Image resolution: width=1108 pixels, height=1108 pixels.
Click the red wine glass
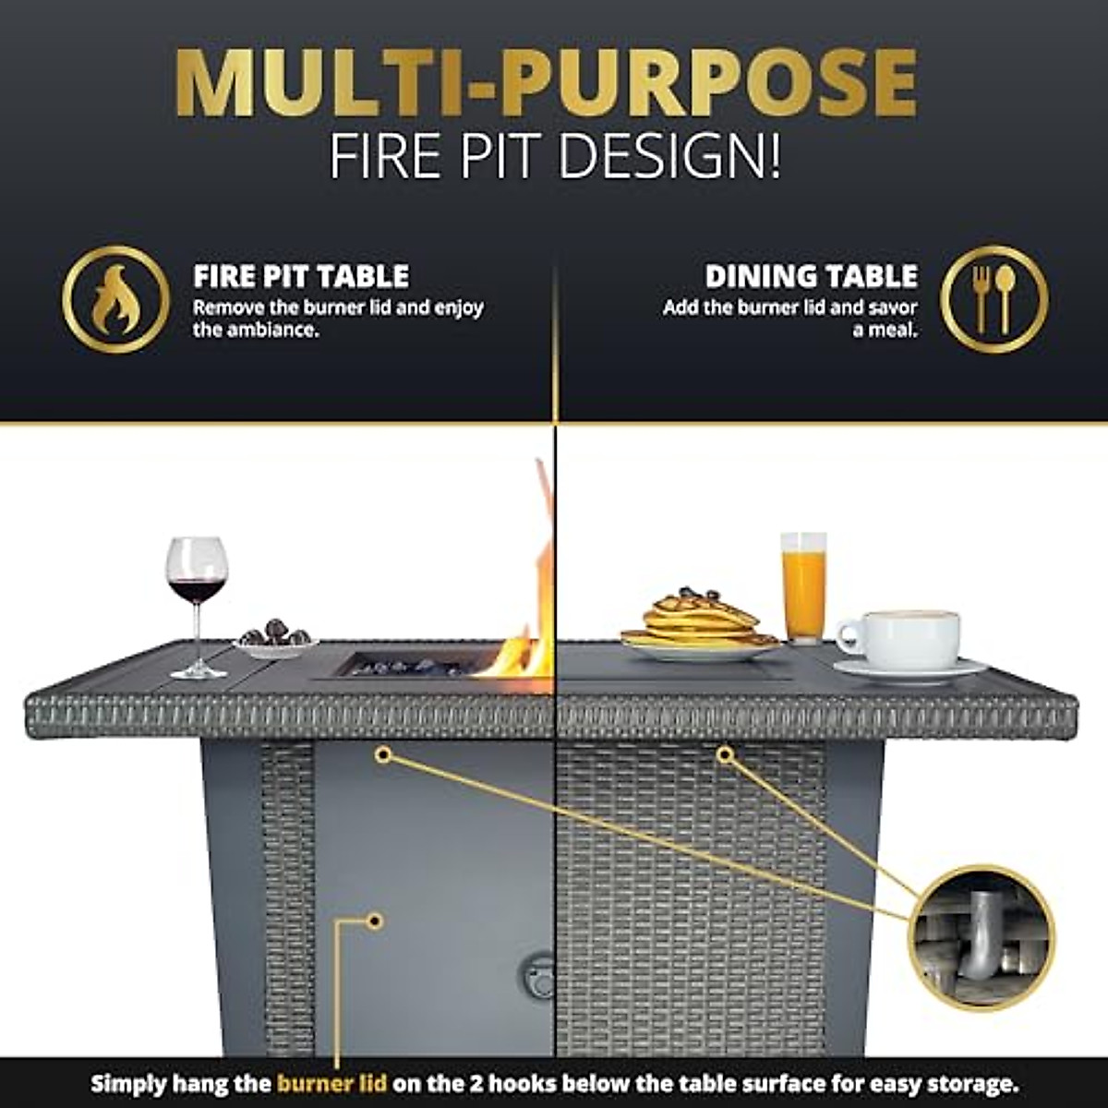pos(196,582)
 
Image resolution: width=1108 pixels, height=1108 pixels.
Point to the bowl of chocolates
pos(275,638)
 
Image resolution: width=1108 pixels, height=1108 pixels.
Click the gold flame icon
pos(115,299)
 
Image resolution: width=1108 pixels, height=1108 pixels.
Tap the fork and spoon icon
pos(994,299)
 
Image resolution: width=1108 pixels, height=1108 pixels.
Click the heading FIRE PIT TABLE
pos(301,276)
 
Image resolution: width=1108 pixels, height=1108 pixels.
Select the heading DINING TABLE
pos(811,276)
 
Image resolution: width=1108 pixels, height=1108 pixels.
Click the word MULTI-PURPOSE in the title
pos(546,83)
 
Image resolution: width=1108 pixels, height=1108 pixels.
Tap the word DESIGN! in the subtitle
pos(670,157)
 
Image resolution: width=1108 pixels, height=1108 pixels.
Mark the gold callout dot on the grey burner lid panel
pos(375,920)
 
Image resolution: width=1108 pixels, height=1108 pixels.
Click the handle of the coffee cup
pos(848,637)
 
